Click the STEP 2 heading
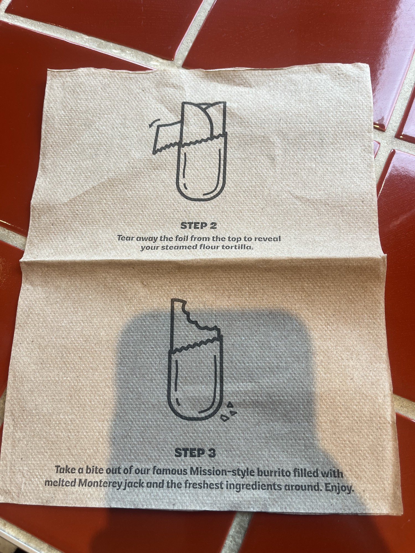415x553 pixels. pos(198,226)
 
